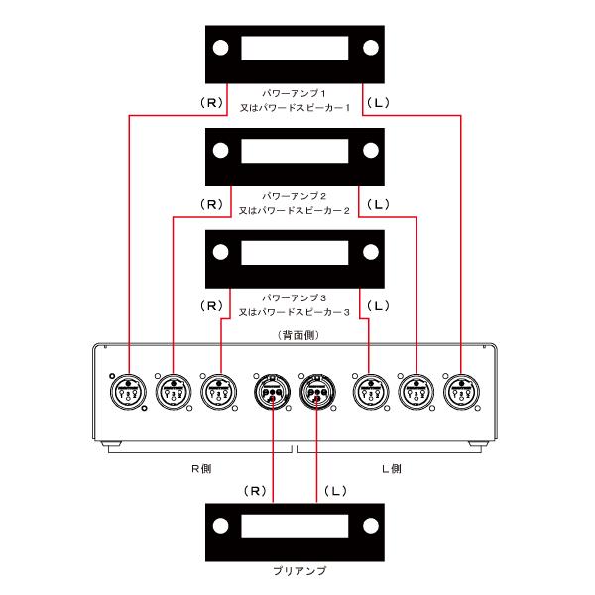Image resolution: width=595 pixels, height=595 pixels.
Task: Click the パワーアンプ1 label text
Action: point(295,93)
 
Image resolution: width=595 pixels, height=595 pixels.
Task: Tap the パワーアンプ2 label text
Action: point(295,196)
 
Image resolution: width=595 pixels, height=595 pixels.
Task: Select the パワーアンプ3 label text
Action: point(295,297)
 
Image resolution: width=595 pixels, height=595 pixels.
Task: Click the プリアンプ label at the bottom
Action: point(299,571)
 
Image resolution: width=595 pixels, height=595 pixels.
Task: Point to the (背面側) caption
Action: point(298,335)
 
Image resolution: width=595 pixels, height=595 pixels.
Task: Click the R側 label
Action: point(201,469)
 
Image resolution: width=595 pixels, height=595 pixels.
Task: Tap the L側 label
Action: point(392,469)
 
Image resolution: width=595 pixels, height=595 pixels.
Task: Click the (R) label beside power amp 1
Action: point(211,103)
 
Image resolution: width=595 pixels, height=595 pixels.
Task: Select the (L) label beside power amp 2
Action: point(379,205)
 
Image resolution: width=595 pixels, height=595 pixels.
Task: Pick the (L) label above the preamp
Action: point(335,491)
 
